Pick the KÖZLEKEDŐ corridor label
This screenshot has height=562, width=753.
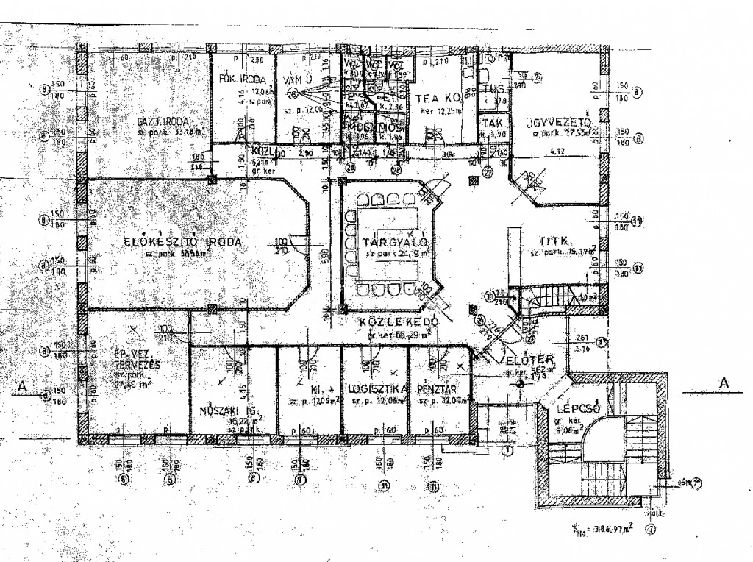[399, 323]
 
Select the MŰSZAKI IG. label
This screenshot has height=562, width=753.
[222, 410]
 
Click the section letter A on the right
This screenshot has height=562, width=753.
[724, 383]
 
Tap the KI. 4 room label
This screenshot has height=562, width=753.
[318, 388]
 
